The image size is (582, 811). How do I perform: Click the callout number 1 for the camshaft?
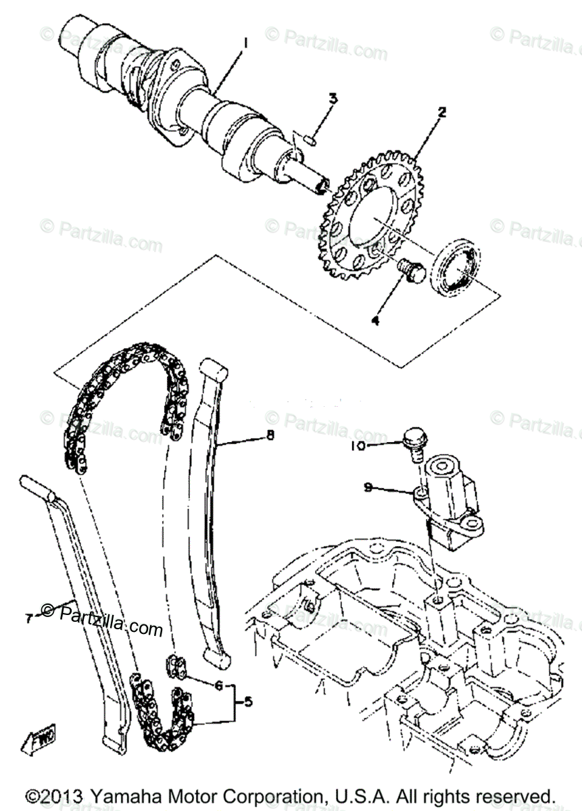pyautogui.click(x=245, y=44)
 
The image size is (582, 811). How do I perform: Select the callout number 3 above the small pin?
pyautogui.click(x=333, y=99)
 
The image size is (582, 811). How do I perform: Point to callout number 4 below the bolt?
pyautogui.click(x=374, y=320)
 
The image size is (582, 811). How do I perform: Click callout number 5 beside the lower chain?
pyautogui.click(x=247, y=702)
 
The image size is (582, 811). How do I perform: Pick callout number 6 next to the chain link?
pyautogui.click(x=218, y=685)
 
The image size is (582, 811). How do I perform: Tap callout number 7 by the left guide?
pyautogui.click(x=29, y=618)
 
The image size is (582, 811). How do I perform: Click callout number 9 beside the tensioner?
pyautogui.click(x=368, y=487)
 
